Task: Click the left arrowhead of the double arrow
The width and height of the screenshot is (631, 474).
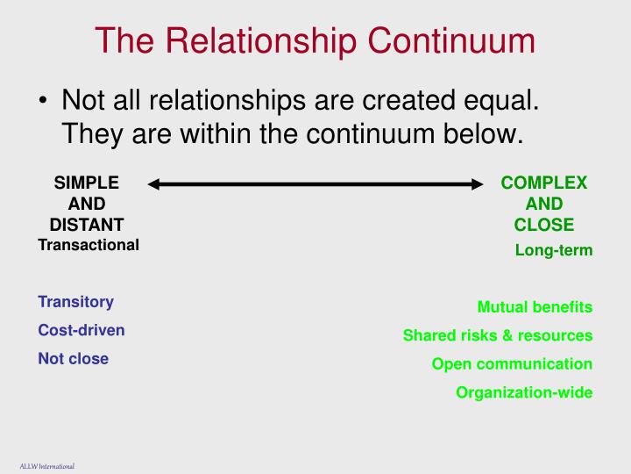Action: tap(154, 184)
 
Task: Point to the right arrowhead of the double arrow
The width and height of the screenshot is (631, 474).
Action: tap(478, 184)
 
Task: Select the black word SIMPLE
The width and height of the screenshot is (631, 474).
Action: tap(87, 183)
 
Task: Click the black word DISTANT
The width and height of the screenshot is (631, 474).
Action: tap(87, 224)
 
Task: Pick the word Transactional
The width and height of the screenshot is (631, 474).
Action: tap(89, 245)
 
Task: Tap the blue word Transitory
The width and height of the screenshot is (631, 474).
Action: tap(75, 302)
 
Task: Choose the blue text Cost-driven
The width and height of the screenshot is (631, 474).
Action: tap(81, 330)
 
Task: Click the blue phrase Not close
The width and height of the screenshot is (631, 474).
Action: tap(73, 358)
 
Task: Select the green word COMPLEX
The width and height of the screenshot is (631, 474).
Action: tap(544, 183)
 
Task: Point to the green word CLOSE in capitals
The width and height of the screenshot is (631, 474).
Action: tap(544, 224)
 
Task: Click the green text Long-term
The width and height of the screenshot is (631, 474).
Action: tap(554, 250)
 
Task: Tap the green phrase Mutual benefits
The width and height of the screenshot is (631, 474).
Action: tap(535, 307)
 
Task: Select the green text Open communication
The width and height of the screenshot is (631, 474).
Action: tap(512, 363)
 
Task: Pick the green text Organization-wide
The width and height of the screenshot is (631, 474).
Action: tap(524, 392)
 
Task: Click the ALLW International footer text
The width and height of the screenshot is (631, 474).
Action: tap(46, 465)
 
